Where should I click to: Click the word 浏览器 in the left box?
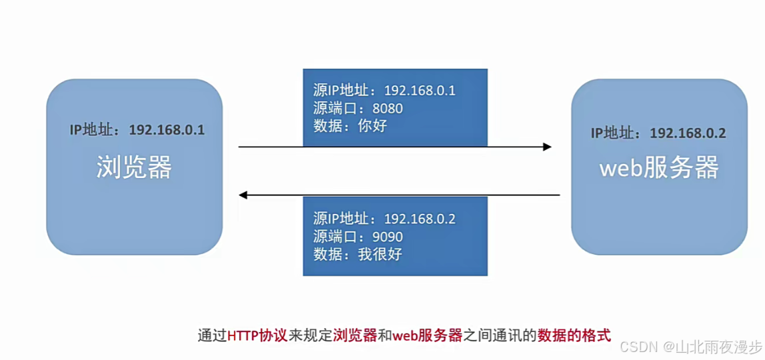tap(134, 167)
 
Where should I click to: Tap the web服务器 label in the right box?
tap(659, 167)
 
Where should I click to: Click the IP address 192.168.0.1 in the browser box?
tap(167, 129)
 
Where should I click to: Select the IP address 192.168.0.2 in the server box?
tap(688, 133)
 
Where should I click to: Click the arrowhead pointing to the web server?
tap(547, 147)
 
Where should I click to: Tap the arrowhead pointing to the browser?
tap(244, 195)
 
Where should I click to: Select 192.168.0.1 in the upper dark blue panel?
tap(420, 91)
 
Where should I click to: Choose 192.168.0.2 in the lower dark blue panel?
tap(420, 219)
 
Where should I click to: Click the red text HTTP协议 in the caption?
tap(257, 335)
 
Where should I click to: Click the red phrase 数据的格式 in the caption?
tap(574, 335)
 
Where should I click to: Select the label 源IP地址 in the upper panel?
tap(339, 91)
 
